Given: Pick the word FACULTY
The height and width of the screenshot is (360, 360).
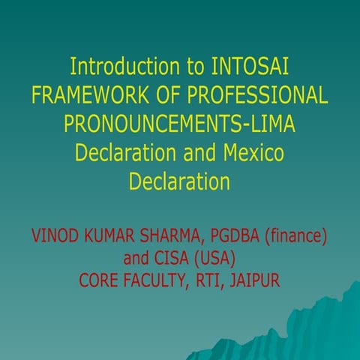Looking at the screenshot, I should tap(165, 281).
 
